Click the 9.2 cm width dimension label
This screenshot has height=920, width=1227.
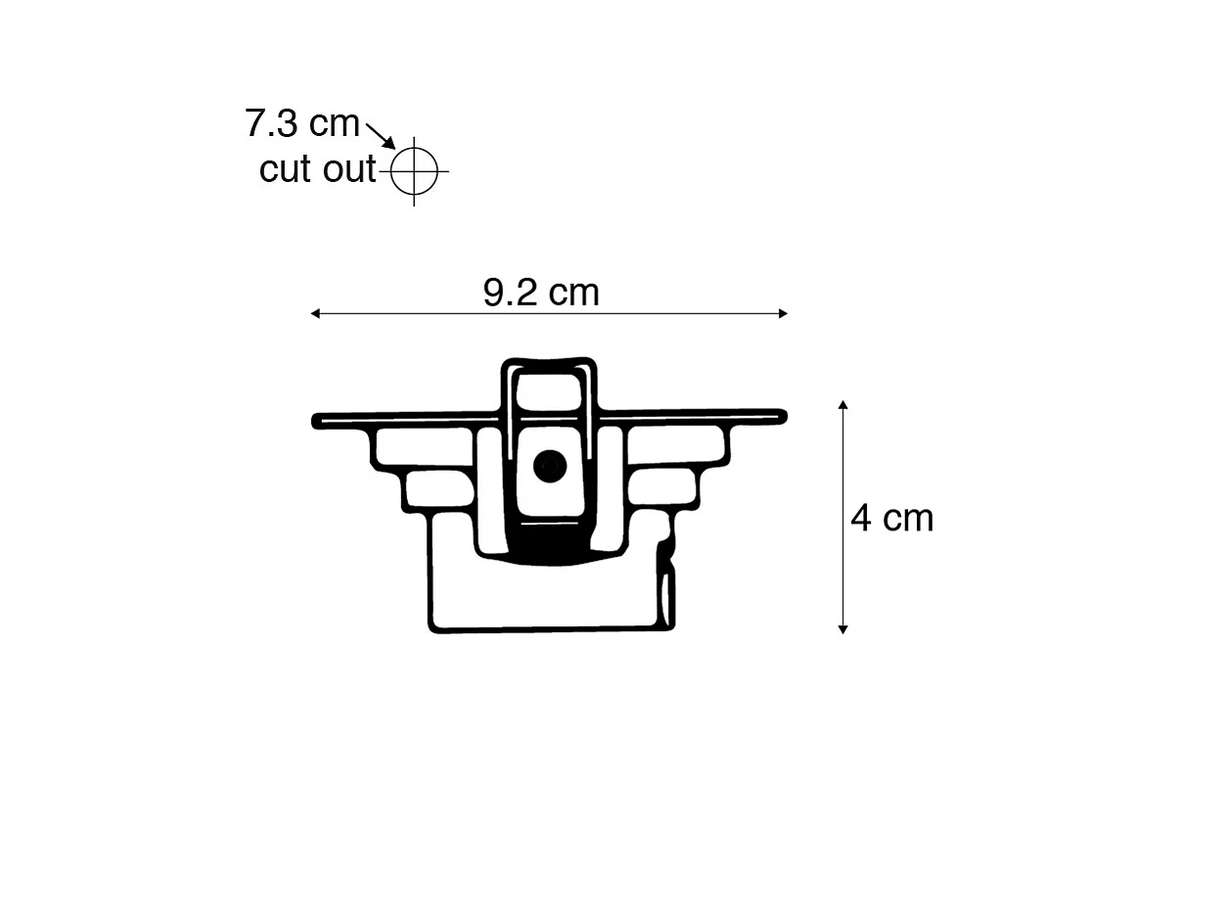(541, 293)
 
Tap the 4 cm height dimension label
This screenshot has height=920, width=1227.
(891, 518)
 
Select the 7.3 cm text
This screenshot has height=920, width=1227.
(302, 124)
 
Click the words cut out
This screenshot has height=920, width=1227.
(317, 169)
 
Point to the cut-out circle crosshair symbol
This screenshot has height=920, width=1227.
(414, 170)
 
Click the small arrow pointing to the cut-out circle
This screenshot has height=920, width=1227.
(381, 135)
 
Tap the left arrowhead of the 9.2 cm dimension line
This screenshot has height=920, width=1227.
(315, 314)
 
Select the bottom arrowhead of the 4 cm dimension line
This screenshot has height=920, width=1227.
(842, 628)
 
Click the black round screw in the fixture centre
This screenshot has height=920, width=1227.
(550, 466)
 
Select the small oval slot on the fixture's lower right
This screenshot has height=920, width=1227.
(665, 598)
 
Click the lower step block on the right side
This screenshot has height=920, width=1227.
(665, 486)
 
